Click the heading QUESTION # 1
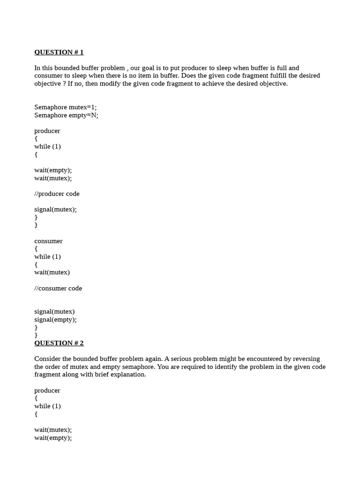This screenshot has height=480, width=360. pyautogui.click(x=59, y=52)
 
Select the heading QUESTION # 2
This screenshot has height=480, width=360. pyautogui.click(x=59, y=343)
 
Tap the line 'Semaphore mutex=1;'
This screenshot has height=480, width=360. pyautogui.click(x=65, y=107)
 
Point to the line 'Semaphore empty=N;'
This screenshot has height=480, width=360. pyautogui.click(x=66, y=115)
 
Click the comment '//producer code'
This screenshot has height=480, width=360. pyautogui.click(x=57, y=194)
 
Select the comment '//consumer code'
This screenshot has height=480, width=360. pyautogui.click(x=58, y=288)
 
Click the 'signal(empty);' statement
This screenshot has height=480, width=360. pyautogui.click(x=55, y=320)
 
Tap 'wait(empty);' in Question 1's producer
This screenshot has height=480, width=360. pyautogui.click(x=53, y=170)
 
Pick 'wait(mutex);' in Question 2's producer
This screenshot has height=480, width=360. pyautogui.click(x=53, y=430)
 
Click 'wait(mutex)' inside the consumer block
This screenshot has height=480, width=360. pyautogui.click(x=52, y=272)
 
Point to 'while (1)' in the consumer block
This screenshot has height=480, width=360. pyautogui.click(x=47, y=257)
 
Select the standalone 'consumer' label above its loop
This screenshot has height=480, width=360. pyautogui.click(x=48, y=241)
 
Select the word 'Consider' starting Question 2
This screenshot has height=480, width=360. pyautogui.click(x=47, y=359)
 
